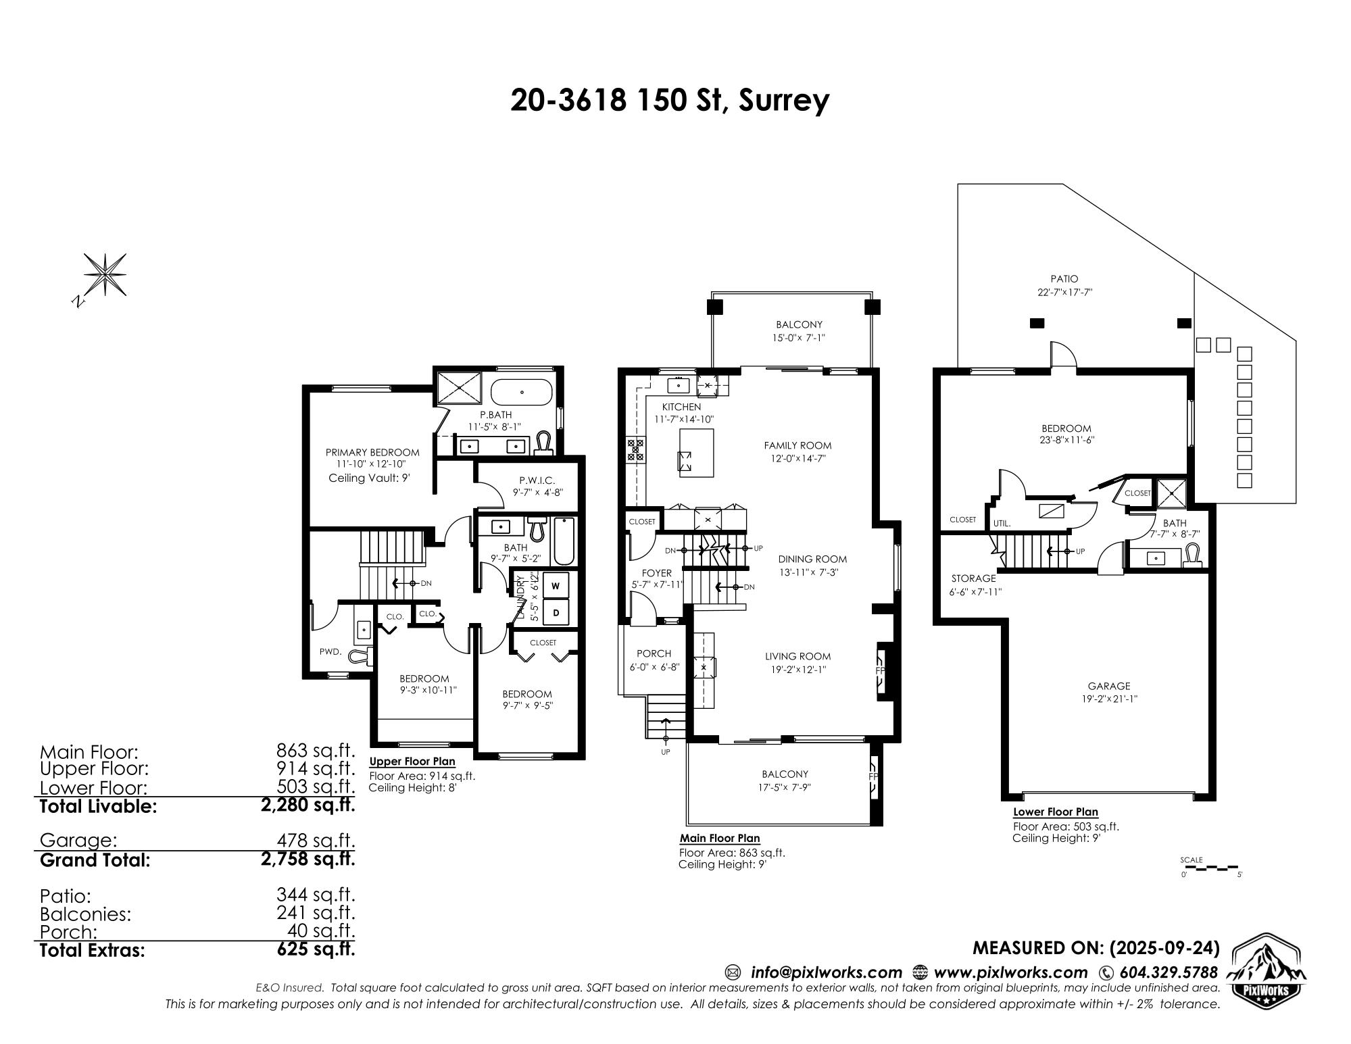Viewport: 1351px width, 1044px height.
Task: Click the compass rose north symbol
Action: [104, 276]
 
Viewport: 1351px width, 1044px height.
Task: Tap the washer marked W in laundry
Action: [556, 586]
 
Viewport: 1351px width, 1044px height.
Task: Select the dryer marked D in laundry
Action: [556, 613]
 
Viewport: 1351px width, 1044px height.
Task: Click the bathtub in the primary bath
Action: [522, 392]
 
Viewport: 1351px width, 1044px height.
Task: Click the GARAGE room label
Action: [1109, 686]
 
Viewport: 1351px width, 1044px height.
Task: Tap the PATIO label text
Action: [1064, 278]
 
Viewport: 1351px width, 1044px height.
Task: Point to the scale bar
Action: [1212, 866]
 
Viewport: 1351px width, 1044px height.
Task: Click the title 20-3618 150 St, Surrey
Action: [669, 101]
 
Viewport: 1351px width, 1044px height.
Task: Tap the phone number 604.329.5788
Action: [1169, 972]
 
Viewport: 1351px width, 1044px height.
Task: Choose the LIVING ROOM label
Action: [797, 656]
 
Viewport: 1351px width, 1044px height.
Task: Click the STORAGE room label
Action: [973, 578]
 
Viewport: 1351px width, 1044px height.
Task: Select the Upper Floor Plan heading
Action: [412, 762]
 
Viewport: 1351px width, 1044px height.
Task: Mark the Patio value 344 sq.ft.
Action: [315, 895]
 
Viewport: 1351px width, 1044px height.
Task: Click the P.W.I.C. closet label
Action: [537, 480]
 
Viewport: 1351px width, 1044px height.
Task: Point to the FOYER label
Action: [657, 573]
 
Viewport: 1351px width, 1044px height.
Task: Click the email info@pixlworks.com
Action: [827, 972]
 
